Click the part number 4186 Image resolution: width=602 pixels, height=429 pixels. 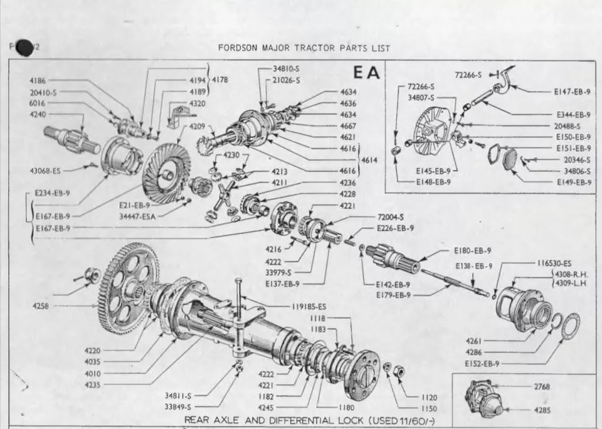[x=39, y=81]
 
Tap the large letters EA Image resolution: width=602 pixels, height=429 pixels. [x=367, y=73]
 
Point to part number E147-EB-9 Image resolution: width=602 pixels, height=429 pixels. [x=572, y=92]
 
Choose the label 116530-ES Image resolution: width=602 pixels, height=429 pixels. [x=554, y=263]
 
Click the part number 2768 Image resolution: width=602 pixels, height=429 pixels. [x=542, y=387]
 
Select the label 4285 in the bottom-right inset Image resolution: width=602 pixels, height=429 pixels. [x=542, y=410]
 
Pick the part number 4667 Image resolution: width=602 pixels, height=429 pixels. [x=348, y=126]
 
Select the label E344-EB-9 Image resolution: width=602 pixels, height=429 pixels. [x=573, y=115]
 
